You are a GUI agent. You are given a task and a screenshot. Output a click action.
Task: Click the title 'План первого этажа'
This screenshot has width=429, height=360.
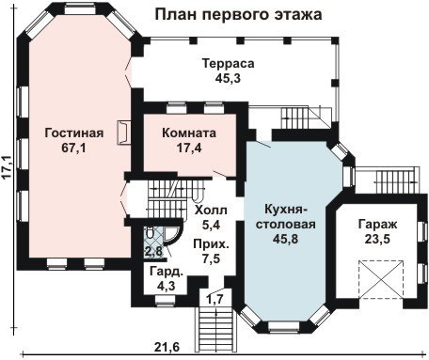tap(238, 15)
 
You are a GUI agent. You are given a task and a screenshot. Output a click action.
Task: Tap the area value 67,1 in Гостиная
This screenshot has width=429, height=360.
tap(73, 148)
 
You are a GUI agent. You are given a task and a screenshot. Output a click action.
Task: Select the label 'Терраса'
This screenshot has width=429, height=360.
tap(228, 63)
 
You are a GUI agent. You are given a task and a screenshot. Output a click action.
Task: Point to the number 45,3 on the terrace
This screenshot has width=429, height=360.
tap(228, 78)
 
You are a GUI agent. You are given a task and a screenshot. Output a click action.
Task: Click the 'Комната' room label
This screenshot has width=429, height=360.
tap(189, 133)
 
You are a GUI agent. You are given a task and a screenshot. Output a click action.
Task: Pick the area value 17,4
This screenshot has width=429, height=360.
tap(189, 148)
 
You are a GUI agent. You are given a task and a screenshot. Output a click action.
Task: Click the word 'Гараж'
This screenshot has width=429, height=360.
tap(377, 225)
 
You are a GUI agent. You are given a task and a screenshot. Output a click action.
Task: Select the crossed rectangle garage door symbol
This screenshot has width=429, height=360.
tap(381, 279)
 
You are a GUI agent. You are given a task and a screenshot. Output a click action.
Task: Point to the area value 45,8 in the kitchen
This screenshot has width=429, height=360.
tap(285, 239)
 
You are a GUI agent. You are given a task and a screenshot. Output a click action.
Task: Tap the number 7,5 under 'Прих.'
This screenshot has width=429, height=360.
tap(211, 258)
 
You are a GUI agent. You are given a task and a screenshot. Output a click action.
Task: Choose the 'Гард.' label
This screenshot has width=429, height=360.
tap(167, 272)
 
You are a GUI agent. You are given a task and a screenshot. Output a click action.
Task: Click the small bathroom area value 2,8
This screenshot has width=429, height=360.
tap(153, 251)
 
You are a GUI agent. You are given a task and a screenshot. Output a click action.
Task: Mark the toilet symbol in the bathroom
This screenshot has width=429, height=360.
tap(150, 233)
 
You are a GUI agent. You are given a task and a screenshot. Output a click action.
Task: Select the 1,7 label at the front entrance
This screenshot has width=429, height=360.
tap(215, 300)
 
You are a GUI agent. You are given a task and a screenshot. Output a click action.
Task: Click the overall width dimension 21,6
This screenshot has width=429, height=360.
tap(167, 347)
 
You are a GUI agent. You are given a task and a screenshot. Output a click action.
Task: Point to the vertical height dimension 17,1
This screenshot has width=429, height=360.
tap(8, 166)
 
